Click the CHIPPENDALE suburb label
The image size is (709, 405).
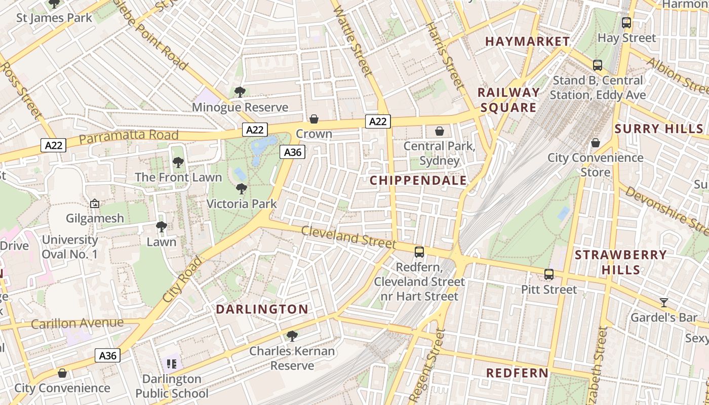point(418,180)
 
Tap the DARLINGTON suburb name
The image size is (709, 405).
point(262,309)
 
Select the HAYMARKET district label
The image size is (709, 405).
point(528,42)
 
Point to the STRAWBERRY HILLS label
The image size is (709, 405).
point(621,262)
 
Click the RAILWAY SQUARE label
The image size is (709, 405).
point(508,100)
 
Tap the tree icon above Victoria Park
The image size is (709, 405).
point(242,189)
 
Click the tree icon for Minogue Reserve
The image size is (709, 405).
point(240,92)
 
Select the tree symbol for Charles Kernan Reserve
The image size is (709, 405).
point(292,336)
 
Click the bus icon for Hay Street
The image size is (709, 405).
point(626,23)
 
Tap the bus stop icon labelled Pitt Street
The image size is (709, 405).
point(549,274)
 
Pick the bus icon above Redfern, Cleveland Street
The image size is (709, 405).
point(419,252)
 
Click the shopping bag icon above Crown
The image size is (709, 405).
point(314,119)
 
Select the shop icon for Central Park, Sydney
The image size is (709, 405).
point(439,131)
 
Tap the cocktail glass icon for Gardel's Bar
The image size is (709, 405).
point(664,303)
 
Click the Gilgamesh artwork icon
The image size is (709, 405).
point(95,204)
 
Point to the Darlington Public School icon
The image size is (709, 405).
point(172,363)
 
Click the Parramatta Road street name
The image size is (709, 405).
point(129,136)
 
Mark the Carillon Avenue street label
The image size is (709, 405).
point(77,323)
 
